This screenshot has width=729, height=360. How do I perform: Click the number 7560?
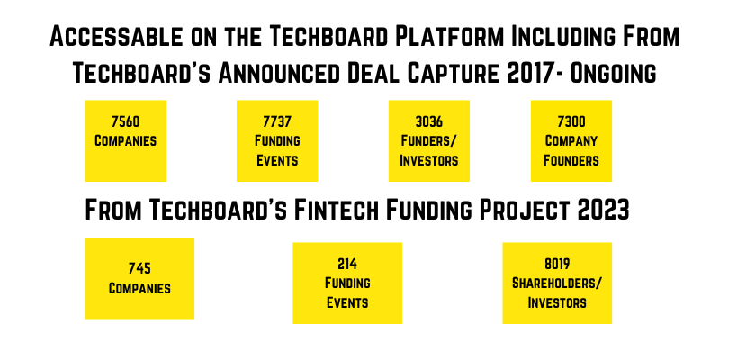tap(125, 121)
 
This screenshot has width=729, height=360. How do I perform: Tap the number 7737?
tap(277, 121)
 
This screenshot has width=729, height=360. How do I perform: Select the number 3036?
tap(428, 121)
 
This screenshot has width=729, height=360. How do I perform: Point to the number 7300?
tap(571, 121)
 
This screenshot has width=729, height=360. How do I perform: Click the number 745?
tap(139, 268)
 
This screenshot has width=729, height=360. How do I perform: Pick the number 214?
tap(347, 265)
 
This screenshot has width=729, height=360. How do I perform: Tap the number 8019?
tap(557, 265)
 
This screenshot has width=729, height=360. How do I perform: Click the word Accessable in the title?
tap(116, 36)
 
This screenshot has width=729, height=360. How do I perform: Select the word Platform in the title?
tap(449, 36)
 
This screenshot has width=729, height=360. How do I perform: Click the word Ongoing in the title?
tap(613, 73)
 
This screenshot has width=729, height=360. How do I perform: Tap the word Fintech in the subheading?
tap(337, 210)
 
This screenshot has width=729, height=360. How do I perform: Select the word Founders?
tap(571, 160)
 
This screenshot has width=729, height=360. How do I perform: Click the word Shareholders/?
tap(557, 283)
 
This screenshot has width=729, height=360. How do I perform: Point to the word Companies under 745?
tap(139, 288)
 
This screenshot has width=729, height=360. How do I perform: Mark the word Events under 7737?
tap(277, 160)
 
